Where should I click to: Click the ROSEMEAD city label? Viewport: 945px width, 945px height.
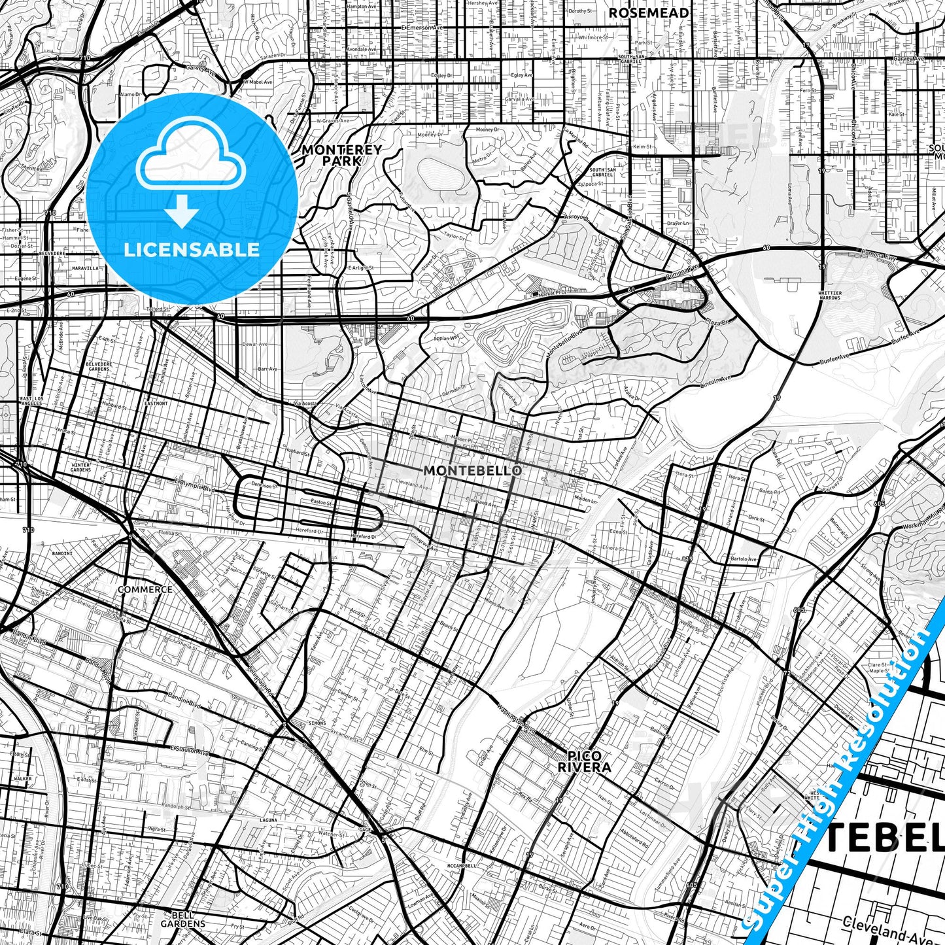click(x=648, y=13)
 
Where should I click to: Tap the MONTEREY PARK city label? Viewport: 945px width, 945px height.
click(x=341, y=155)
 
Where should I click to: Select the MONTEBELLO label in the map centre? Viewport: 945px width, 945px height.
click(x=472, y=470)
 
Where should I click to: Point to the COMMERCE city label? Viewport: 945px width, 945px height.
click(x=145, y=589)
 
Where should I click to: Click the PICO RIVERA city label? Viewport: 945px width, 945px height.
click(x=584, y=762)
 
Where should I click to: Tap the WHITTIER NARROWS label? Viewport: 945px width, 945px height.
click(x=830, y=296)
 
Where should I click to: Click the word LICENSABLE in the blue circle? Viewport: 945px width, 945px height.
click(x=192, y=249)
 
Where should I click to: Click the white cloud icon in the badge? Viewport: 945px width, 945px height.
click(x=190, y=154)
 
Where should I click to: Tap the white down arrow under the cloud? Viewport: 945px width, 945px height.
click(x=182, y=212)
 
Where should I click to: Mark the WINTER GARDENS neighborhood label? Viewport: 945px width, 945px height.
click(x=80, y=467)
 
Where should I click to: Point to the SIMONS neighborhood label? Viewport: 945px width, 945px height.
click(x=316, y=723)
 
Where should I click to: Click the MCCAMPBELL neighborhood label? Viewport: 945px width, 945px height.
click(x=461, y=865)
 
